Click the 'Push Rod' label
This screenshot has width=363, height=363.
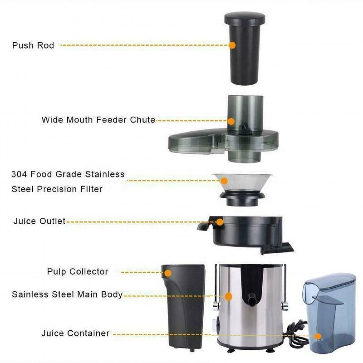[x=33, y=45]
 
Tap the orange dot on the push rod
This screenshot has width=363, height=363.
[x=232, y=45]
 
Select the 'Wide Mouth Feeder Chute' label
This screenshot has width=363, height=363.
[x=98, y=120]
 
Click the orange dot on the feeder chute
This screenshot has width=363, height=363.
[x=231, y=121]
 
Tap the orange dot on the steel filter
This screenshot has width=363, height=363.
[x=224, y=181]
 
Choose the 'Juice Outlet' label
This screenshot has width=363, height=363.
[x=39, y=221]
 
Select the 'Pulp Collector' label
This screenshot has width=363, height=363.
[x=78, y=272]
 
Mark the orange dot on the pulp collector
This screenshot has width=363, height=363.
[x=168, y=273]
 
